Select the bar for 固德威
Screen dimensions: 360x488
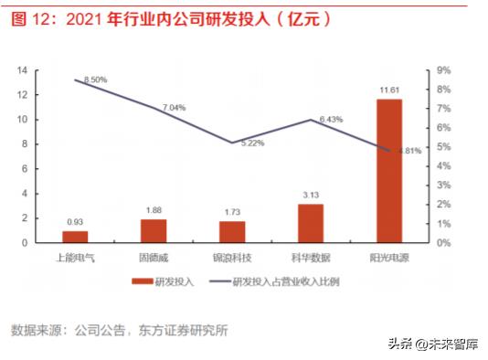pyautogui.click(x=154, y=230)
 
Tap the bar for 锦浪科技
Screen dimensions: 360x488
pyautogui.click(x=232, y=231)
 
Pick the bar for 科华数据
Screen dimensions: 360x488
pyautogui.click(x=311, y=223)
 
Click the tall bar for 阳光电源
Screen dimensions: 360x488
pyautogui.click(x=389, y=170)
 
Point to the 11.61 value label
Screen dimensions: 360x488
pyautogui.click(x=389, y=90)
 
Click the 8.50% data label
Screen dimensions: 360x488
pyautogui.click(x=95, y=79)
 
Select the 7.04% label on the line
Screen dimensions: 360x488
pyautogui.click(x=174, y=107)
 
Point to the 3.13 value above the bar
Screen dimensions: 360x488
pyautogui.click(x=311, y=193)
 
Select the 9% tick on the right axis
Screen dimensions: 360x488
pyautogui.click(x=443, y=69)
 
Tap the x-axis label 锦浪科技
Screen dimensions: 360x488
pyautogui.click(x=232, y=257)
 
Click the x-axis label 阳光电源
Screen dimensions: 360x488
pyautogui.click(x=389, y=257)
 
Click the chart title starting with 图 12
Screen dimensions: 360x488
pyautogui.click(x=169, y=17)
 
